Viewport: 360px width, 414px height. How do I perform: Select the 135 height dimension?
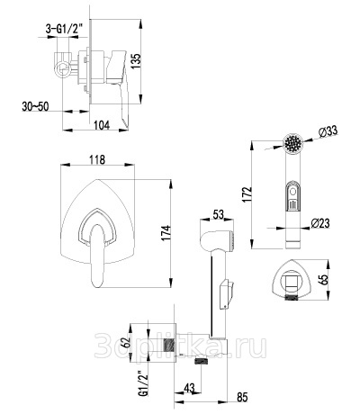click(x=136, y=61)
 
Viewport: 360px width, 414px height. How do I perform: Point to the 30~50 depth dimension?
click(x=35, y=106)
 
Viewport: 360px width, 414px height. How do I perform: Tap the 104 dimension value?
click(x=102, y=125)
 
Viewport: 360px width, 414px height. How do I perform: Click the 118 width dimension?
click(x=97, y=159)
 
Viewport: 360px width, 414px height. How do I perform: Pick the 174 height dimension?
click(x=166, y=232)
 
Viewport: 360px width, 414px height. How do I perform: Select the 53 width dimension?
click(x=218, y=214)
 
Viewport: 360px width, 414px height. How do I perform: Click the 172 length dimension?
click(x=247, y=194)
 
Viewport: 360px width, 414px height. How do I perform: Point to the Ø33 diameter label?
click(x=328, y=131)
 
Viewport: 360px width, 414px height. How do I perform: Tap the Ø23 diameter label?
click(x=320, y=223)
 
